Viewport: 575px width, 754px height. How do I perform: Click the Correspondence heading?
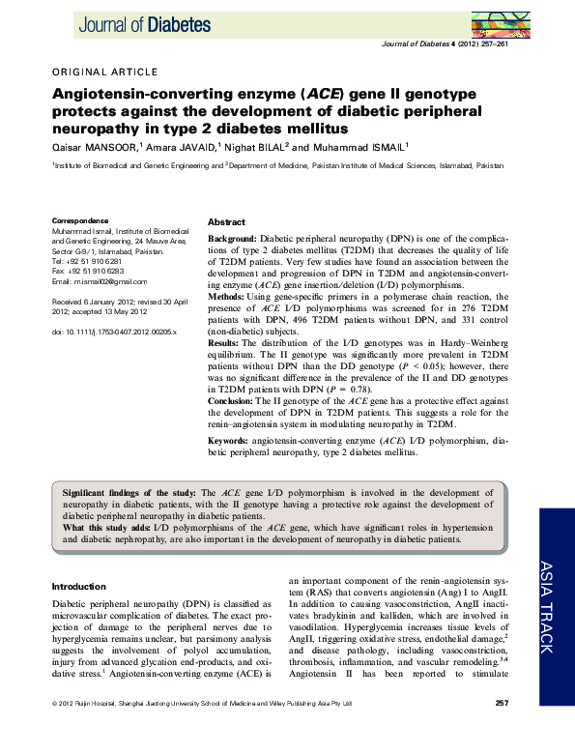80,221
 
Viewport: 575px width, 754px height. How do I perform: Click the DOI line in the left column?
110,333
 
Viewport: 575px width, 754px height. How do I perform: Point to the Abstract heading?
227,222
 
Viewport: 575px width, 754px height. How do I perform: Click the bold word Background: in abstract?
233,238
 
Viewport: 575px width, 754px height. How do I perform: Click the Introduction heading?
79,587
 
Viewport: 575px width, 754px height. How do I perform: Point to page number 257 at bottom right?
502,730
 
